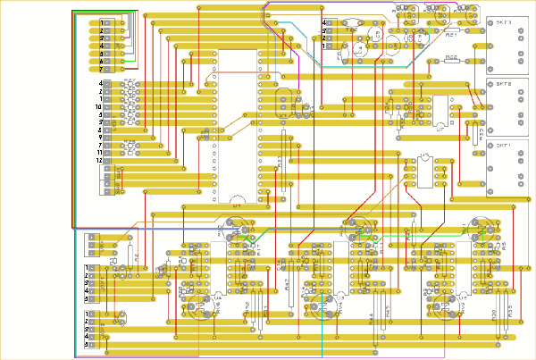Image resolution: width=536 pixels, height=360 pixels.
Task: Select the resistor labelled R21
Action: (x=451, y=35)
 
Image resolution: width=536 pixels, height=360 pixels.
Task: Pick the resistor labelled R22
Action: (x=451, y=59)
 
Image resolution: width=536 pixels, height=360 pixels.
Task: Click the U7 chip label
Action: (x=440, y=130)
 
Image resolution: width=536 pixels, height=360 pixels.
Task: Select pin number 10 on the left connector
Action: (x=98, y=107)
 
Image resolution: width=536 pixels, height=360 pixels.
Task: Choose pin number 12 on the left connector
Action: (x=99, y=161)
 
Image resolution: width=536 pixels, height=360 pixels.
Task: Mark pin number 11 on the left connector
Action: (x=99, y=153)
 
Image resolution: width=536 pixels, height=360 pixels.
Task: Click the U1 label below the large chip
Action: (x=238, y=205)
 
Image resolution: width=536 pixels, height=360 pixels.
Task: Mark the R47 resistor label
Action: (x=288, y=284)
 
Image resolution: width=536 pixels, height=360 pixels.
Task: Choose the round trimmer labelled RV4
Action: (x=318, y=309)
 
